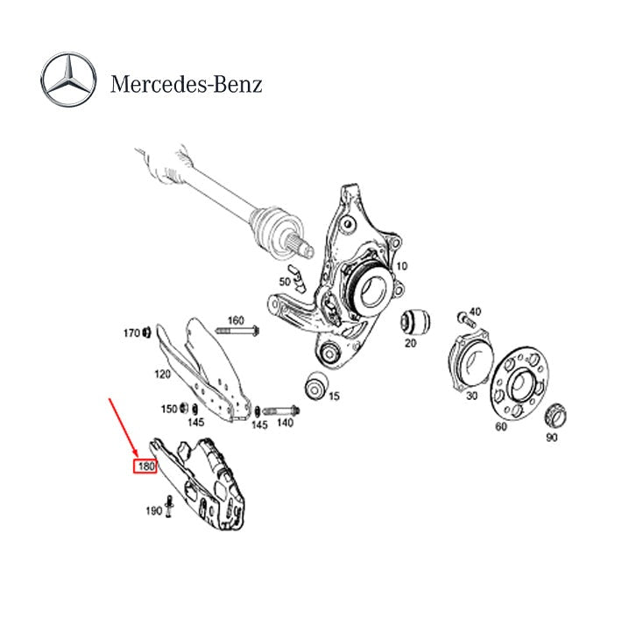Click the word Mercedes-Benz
tap(186, 84)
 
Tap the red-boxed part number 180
tap(145, 466)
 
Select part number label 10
tap(402, 266)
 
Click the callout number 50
tap(285, 282)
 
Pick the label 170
tap(131, 333)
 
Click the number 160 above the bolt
tap(236, 319)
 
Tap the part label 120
tap(163, 375)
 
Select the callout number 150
tap(168, 409)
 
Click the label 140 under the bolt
tap(285, 423)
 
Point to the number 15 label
tap(334, 396)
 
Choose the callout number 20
tap(410, 343)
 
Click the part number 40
tap(475, 312)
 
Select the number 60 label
tap(501, 427)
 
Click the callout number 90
tap(551, 438)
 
